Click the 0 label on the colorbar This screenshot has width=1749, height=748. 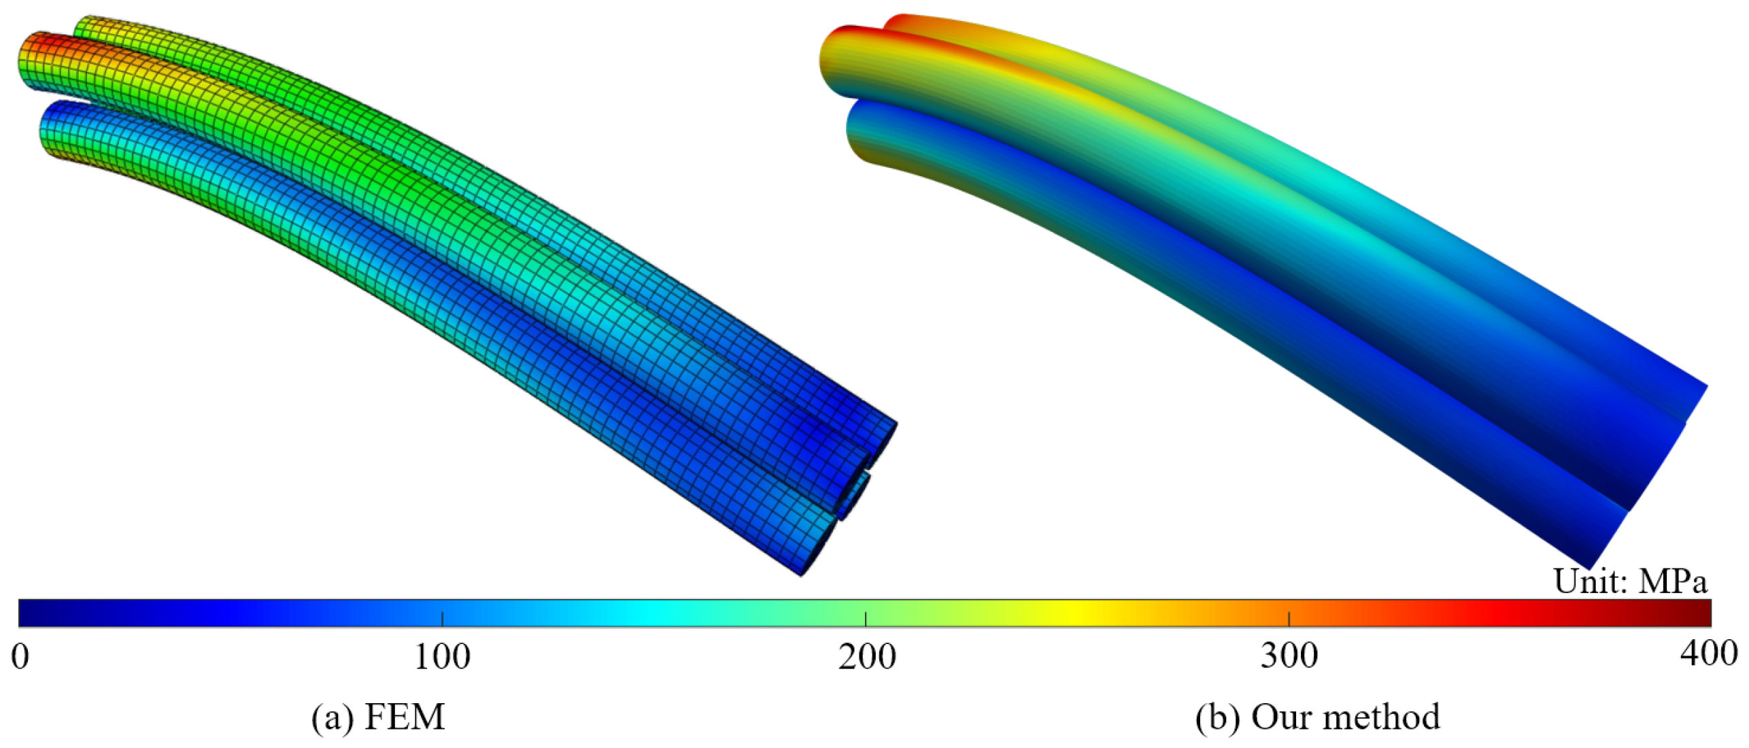pos(20,657)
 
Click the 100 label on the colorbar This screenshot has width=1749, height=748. pos(442,657)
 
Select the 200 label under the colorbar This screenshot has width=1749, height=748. pos(866,657)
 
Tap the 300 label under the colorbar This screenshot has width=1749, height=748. pos(1289,657)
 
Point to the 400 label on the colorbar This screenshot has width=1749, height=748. pos(1708,653)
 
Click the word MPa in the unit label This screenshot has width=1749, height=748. pos(1674,581)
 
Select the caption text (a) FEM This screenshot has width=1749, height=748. pos(378,717)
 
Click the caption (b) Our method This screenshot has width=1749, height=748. pos(1318,717)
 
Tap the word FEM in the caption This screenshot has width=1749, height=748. pos(405,717)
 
